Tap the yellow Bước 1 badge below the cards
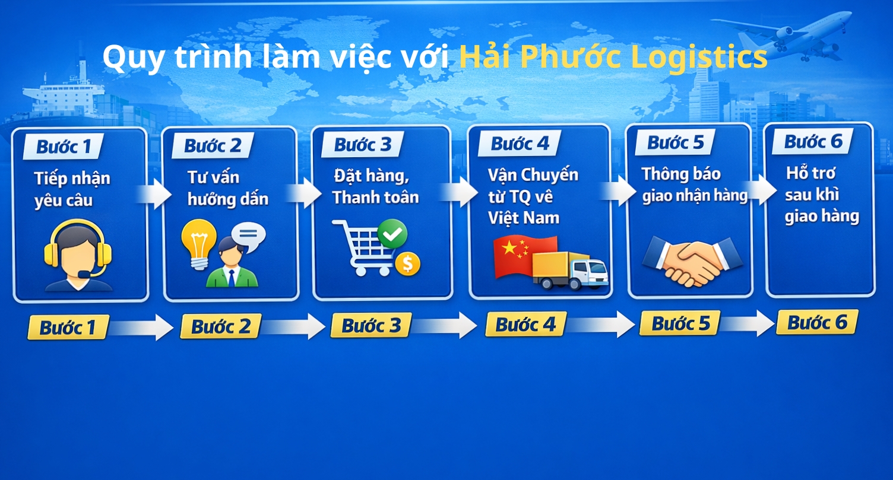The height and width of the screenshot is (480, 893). click(x=68, y=328)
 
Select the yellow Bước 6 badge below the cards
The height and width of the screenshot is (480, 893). click(x=817, y=322)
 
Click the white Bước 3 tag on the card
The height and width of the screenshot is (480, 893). click(x=362, y=144)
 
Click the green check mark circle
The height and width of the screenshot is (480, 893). click(x=392, y=234)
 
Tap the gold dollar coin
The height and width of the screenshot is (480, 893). click(x=407, y=263)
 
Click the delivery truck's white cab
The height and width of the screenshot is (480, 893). click(x=589, y=272)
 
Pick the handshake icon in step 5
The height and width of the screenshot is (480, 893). click(x=692, y=260)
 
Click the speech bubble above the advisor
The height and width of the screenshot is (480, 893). click(x=248, y=236)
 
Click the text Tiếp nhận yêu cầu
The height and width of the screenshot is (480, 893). click(x=72, y=189)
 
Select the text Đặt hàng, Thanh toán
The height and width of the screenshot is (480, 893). click(x=375, y=186)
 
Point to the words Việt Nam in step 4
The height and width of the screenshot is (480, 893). click(x=524, y=218)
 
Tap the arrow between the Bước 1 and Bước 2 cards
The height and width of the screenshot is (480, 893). click(x=154, y=194)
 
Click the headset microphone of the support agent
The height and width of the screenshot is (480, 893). click(x=84, y=275)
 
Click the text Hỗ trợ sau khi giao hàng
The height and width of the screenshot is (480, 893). click(x=821, y=195)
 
